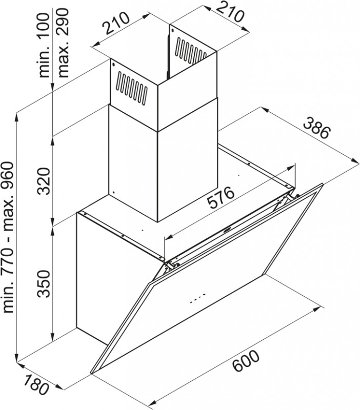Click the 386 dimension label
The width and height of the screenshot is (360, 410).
point(317,129)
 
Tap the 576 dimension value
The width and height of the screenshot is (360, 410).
point(221,197)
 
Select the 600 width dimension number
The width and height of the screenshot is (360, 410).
point(246,361)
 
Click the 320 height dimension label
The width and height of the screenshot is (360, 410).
point(44,181)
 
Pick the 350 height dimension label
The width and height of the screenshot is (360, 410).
point(44,284)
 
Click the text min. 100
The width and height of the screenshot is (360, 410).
point(44,45)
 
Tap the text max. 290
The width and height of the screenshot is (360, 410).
point(63,43)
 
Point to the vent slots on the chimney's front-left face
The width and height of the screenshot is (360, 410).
point(131,87)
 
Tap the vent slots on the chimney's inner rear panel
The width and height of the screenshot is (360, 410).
point(190,51)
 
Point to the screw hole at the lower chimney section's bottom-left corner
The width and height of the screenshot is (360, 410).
point(113,192)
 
